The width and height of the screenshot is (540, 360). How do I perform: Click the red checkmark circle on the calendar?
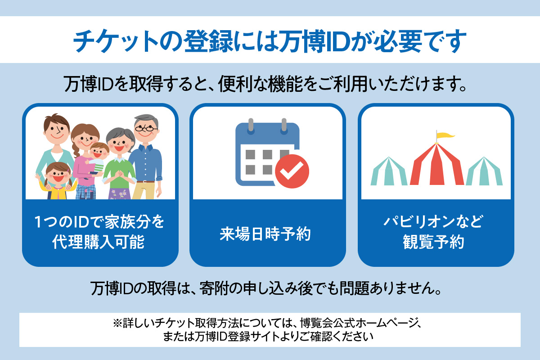point(292,171)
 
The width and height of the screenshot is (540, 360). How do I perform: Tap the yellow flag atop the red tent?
point(445,135)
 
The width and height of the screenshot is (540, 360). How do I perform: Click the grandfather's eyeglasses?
point(146,129)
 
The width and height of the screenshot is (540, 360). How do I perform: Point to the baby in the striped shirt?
point(96,159)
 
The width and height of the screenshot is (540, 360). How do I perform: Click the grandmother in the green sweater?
point(120,164)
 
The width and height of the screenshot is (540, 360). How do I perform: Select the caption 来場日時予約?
point(265,234)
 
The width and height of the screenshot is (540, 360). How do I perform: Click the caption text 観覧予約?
point(433,242)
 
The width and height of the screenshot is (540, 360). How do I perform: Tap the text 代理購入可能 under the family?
point(99,242)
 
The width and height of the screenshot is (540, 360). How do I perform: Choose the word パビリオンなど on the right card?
point(433,221)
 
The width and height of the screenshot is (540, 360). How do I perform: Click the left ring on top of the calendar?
point(251,126)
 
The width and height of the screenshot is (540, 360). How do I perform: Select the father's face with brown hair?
point(57,128)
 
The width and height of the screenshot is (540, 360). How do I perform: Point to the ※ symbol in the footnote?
point(117,323)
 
